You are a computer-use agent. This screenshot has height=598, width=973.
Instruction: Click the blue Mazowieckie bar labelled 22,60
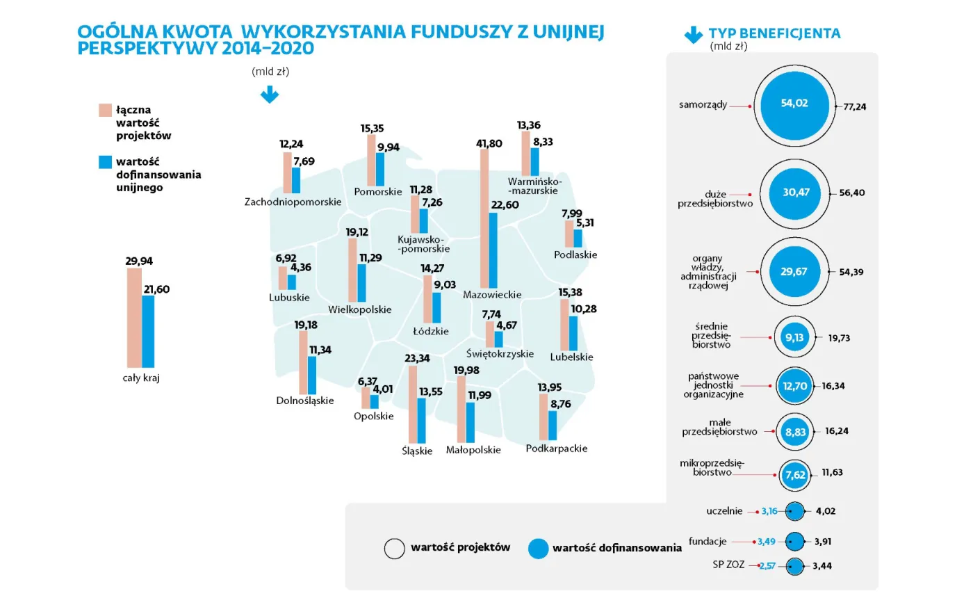pos(493,250)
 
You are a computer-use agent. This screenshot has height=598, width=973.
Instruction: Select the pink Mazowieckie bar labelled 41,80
pos(484,218)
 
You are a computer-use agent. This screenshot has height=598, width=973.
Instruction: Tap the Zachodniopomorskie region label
pos(293,202)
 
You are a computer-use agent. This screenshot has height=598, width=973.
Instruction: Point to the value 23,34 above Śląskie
pos(418,358)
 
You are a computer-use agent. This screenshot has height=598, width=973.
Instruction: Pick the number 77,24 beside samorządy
pos(854,106)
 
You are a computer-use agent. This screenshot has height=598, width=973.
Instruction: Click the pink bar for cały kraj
pos(134,318)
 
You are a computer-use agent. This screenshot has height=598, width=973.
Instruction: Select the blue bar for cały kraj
pos(148,332)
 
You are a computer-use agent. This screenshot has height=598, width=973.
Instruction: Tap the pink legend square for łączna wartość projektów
pos(105,111)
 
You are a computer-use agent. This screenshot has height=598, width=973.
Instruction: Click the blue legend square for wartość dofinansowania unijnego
pos(105,162)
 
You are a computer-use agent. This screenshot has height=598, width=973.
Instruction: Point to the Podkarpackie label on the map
pos(556,448)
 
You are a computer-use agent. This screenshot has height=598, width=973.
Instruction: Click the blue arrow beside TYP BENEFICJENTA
pos(694,35)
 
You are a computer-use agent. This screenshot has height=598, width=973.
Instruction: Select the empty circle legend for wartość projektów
pos(394,549)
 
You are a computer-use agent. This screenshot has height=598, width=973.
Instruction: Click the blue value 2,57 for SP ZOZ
pos(767,566)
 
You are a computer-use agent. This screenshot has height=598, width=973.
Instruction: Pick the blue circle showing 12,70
pos(794,385)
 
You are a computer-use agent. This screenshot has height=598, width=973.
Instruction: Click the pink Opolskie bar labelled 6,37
pos(366,398)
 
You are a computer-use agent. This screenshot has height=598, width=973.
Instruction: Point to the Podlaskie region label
pos(575,254)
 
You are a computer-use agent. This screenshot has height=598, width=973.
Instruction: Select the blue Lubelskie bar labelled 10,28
pos(573,334)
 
